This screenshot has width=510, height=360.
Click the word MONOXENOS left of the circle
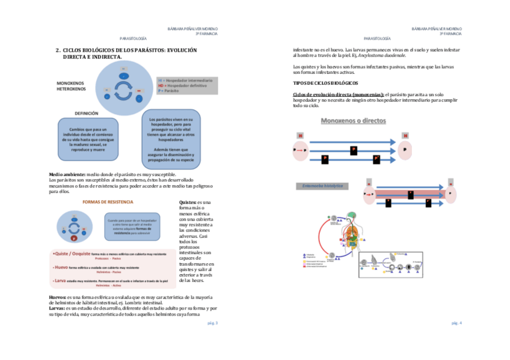[x=71, y=83]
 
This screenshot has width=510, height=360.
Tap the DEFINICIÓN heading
[x=87, y=113]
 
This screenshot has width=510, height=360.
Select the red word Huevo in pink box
[x=61, y=267]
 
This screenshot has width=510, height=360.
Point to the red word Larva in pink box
[x=60, y=280]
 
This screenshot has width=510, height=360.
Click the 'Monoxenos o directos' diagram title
[x=354, y=120]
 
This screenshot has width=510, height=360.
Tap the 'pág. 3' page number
[x=212, y=323]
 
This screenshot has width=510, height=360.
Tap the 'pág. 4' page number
[x=456, y=323]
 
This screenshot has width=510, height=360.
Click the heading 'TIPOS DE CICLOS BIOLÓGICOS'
[x=325, y=82]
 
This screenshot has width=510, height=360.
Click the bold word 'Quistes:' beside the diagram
[x=188, y=202]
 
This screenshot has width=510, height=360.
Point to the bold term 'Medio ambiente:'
[x=67, y=174]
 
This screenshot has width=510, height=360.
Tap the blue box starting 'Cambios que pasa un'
[x=87, y=140]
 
